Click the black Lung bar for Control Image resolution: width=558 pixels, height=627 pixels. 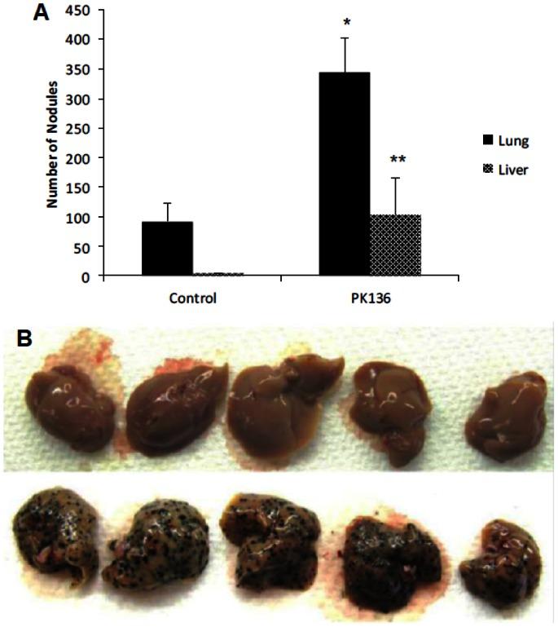pyautogui.click(x=167, y=249)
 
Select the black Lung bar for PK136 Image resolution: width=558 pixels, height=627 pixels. pyautogui.click(x=344, y=174)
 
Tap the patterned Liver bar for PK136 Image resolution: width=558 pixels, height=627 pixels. pyautogui.click(x=395, y=245)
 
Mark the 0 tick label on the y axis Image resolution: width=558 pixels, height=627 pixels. pyautogui.click(x=85, y=276)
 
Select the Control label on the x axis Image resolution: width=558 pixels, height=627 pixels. pyautogui.click(x=192, y=298)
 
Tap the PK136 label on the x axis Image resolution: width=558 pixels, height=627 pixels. pyautogui.click(x=369, y=298)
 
